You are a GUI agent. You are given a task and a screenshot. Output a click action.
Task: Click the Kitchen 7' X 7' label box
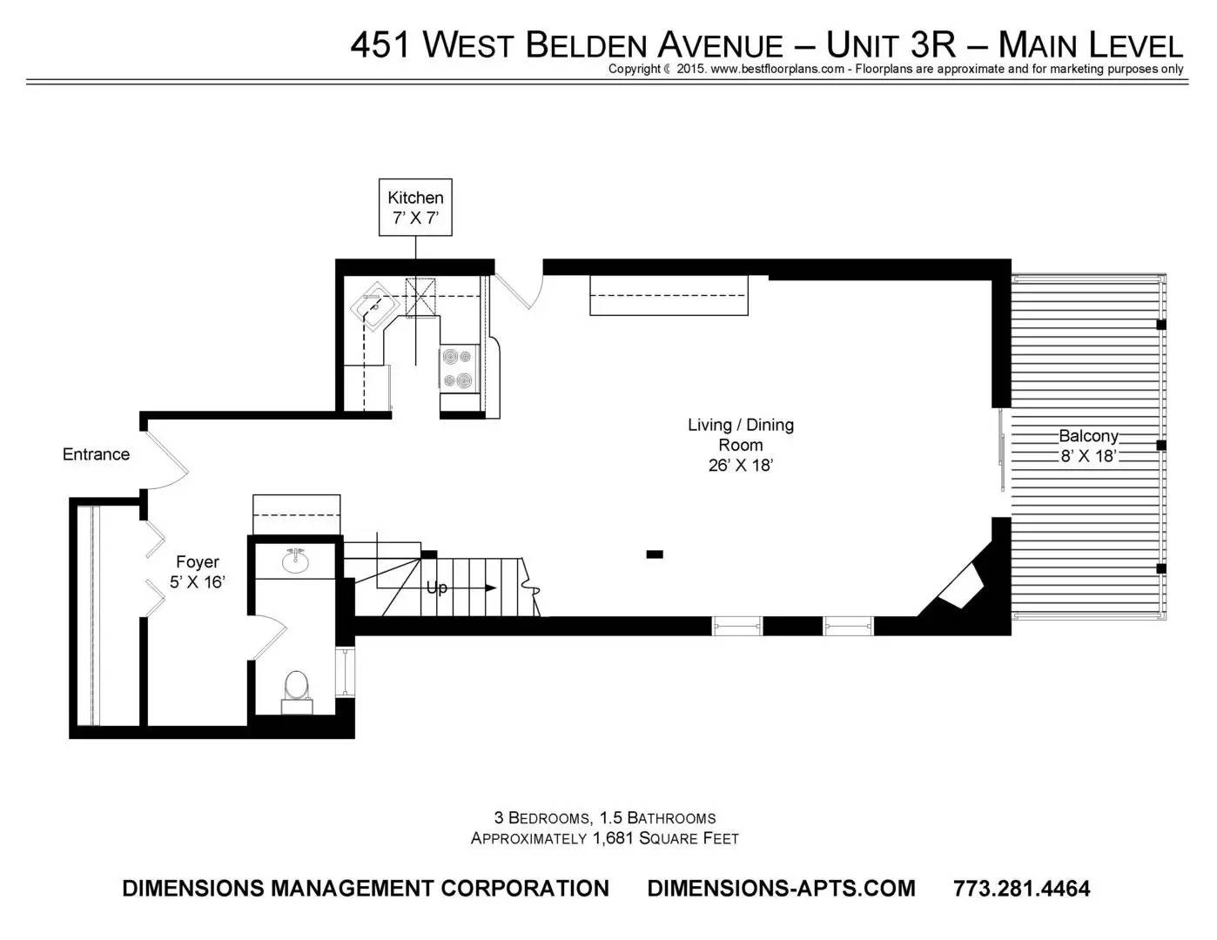[415, 207]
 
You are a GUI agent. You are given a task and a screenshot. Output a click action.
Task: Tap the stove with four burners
[458, 368]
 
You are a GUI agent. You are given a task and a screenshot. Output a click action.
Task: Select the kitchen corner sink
[374, 306]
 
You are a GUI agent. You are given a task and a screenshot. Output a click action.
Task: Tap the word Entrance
[96, 454]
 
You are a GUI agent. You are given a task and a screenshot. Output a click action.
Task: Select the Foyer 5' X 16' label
[197, 572]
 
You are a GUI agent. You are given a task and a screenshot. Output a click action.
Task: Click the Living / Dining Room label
[741, 445]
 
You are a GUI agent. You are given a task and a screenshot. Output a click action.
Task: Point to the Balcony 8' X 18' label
[1088, 446]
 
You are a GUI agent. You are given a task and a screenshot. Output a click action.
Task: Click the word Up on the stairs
[437, 587]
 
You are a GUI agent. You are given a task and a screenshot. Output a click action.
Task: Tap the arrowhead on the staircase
[491, 587]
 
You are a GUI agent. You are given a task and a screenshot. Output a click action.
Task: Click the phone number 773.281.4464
[1021, 888]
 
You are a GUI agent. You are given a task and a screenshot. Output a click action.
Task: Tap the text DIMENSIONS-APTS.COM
[781, 888]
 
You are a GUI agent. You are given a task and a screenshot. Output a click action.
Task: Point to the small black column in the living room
[654, 554]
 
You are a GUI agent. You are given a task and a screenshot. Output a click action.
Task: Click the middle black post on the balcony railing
[1161, 445]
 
